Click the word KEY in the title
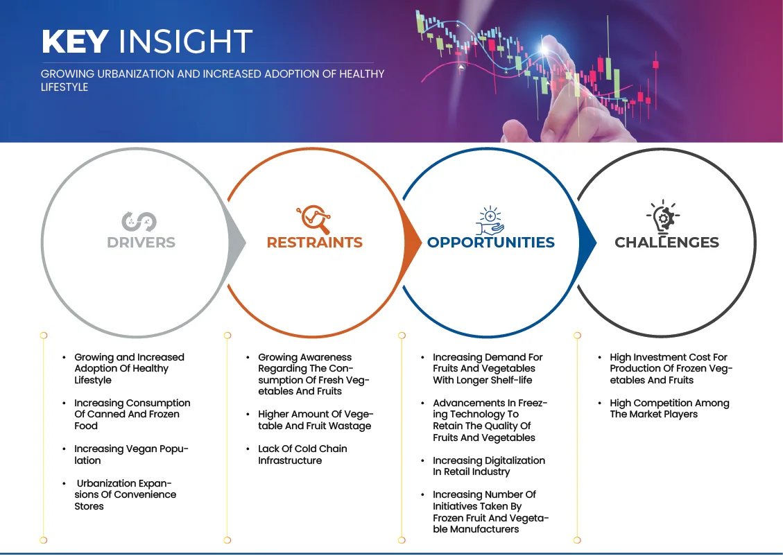[75, 42]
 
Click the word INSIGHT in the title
[185, 42]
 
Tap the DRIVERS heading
[141, 243]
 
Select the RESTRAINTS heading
[315, 243]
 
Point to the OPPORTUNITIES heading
[491, 243]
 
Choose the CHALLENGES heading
[666, 243]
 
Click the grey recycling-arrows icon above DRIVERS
[139, 222]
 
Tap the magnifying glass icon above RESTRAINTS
[314, 219]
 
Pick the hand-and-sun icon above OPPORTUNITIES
[490, 220]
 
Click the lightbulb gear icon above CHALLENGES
[663, 217]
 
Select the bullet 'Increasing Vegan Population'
[131, 455]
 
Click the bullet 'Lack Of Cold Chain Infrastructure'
[302, 455]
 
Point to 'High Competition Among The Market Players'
[669, 409]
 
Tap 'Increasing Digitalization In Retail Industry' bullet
[489, 466]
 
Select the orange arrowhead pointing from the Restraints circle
[412, 243]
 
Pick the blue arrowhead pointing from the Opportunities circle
[587, 243]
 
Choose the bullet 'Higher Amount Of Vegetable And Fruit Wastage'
[316, 420]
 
